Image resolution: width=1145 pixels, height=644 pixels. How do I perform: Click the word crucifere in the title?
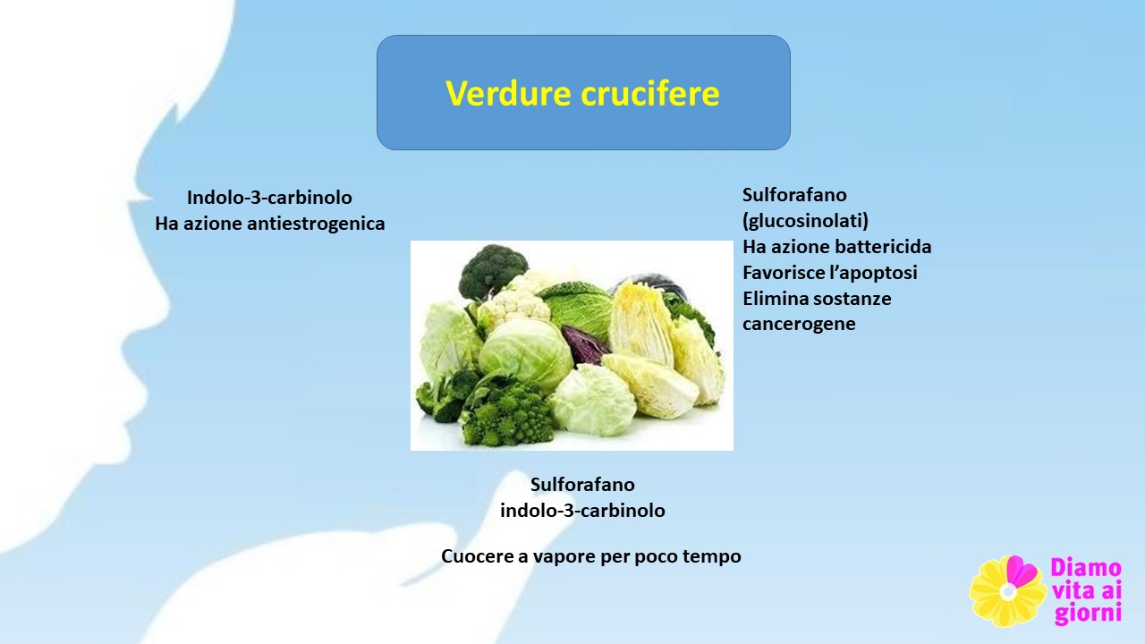pos(650,93)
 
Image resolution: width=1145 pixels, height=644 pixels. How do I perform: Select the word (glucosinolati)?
pos(805,221)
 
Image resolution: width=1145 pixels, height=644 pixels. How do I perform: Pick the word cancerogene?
pos(799,324)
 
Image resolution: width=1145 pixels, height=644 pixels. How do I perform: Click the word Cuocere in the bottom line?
pos(477,556)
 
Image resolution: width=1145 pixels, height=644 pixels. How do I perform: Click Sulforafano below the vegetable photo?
pos(582,484)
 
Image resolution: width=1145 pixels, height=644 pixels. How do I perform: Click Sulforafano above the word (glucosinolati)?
pos(794,195)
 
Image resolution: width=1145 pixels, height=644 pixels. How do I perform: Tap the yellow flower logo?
pos(1007,591)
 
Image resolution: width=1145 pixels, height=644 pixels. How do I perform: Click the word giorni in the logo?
pos(1088,614)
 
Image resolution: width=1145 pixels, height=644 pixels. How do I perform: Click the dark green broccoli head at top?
pos(492,270)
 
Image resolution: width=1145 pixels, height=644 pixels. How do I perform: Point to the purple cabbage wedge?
pos(584,345)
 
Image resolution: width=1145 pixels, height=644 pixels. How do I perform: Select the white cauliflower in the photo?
pos(515,301)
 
